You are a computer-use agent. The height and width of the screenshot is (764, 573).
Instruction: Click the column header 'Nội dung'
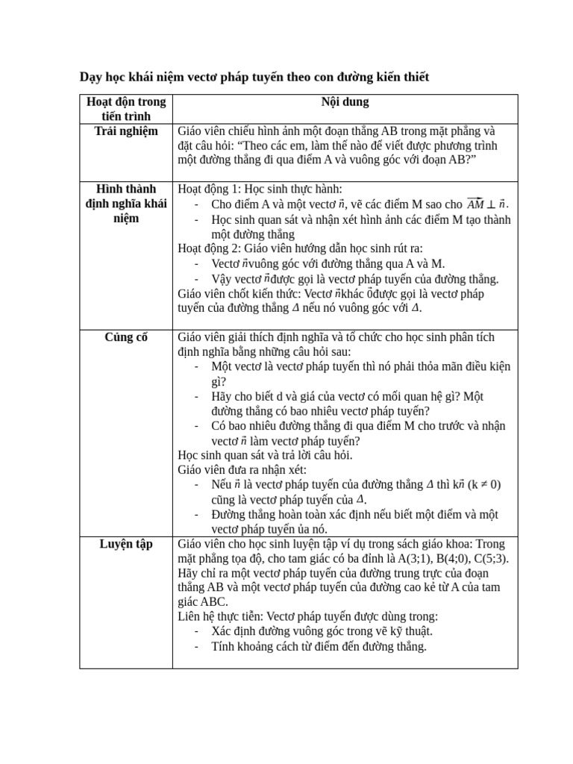click(345, 101)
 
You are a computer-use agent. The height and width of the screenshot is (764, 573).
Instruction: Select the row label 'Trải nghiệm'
click(126, 131)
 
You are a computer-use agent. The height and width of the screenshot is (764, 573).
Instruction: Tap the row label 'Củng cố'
click(126, 337)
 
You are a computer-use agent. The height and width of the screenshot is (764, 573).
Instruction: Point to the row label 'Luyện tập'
click(126, 544)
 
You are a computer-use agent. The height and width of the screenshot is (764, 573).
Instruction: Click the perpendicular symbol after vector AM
click(491, 204)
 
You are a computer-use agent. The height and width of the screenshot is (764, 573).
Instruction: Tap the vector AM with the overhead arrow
click(475, 204)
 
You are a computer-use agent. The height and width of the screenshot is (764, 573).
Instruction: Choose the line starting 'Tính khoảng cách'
click(319, 647)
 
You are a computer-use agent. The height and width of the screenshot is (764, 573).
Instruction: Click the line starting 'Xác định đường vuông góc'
click(322, 632)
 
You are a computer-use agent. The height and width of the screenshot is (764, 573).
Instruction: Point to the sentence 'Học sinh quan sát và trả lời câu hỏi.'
click(265, 455)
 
